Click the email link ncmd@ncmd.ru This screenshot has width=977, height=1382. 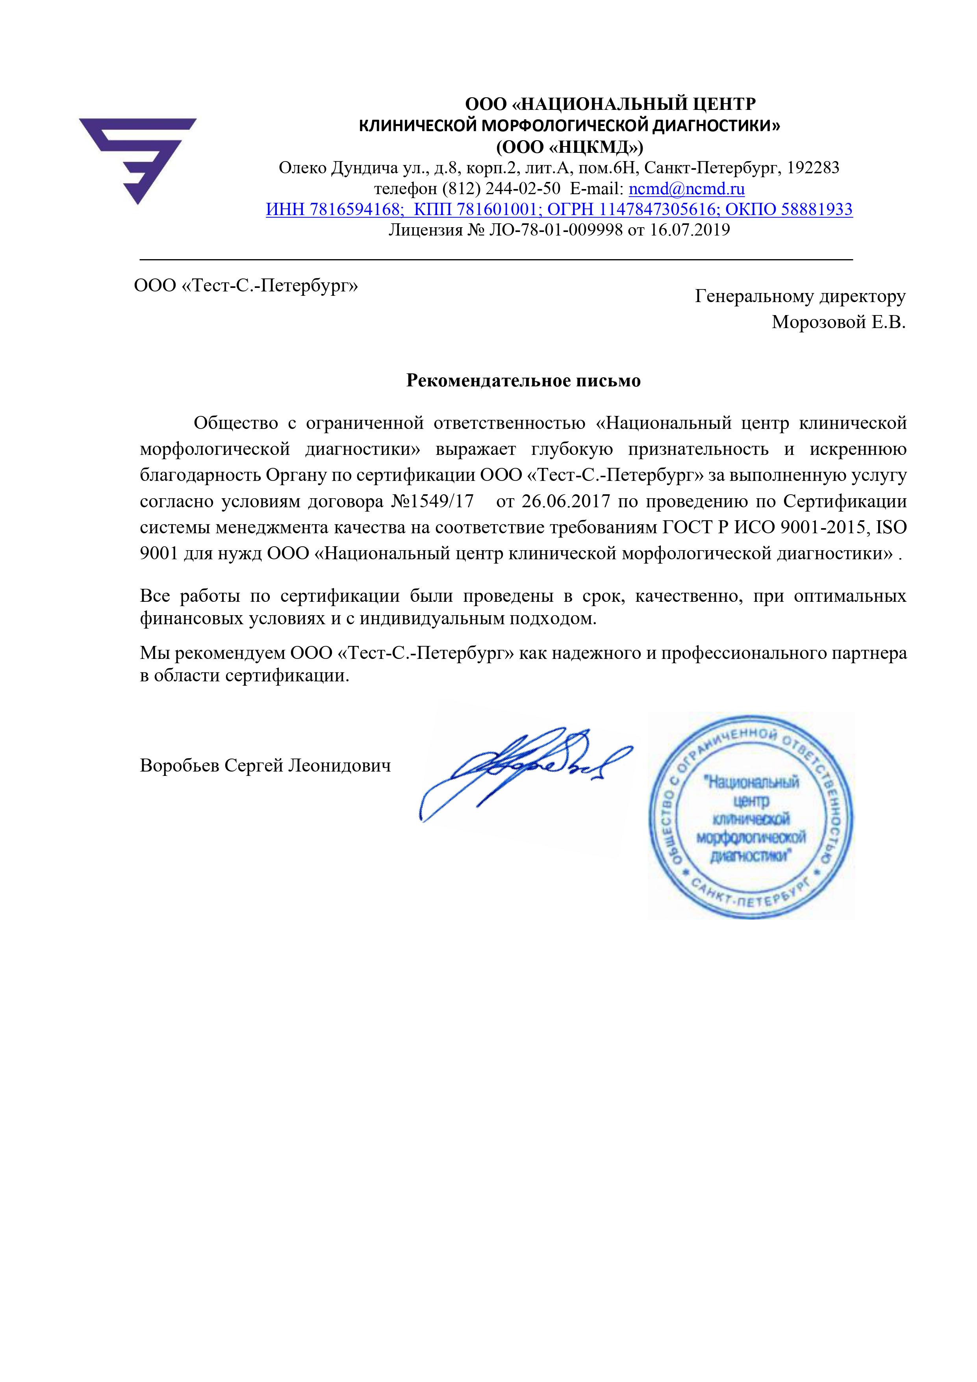(x=686, y=189)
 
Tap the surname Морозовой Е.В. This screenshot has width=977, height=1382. (x=838, y=323)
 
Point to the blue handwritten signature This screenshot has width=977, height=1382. (x=524, y=772)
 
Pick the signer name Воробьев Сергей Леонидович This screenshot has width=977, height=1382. (x=265, y=766)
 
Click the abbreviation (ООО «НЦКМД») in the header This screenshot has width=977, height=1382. (x=569, y=147)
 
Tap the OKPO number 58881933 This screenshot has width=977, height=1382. (x=816, y=210)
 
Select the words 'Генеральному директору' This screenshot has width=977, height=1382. (x=800, y=296)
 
